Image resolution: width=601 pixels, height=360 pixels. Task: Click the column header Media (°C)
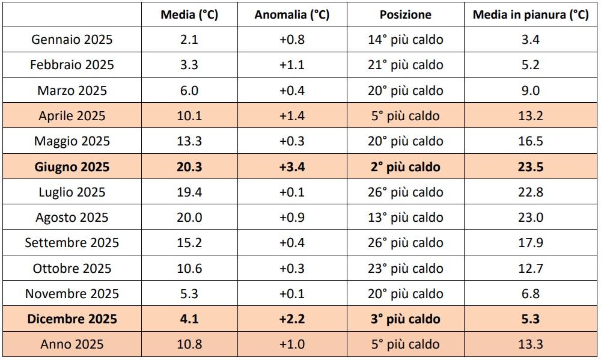(189, 15)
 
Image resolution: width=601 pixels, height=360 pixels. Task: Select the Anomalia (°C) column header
(291, 15)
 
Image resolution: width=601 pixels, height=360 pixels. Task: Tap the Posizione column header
(406, 15)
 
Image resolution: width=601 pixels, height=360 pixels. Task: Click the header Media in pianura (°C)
(531, 15)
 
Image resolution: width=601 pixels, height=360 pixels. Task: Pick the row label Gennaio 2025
(72, 40)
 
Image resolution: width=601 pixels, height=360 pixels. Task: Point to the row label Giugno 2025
(72, 166)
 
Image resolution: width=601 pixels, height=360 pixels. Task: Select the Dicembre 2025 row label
(72, 319)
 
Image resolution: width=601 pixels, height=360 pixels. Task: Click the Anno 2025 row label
(72, 344)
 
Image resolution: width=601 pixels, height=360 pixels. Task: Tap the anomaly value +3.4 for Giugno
(291, 166)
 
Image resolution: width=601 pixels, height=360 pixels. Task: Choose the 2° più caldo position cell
(406, 166)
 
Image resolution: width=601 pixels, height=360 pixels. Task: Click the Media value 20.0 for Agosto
(189, 218)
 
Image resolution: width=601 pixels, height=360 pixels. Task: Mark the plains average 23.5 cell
(531, 166)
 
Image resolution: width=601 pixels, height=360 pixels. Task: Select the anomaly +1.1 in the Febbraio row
(291, 65)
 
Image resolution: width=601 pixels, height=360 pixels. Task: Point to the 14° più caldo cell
(406, 40)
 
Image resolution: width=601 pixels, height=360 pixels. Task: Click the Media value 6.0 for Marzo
(189, 90)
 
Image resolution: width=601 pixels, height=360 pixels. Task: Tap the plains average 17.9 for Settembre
(531, 243)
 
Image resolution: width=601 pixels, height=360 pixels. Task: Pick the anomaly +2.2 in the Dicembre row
(291, 319)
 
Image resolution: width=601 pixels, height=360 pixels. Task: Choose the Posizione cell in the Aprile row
(406, 116)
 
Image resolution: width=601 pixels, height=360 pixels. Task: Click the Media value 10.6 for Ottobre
(189, 268)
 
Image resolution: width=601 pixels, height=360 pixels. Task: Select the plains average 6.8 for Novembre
(531, 294)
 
